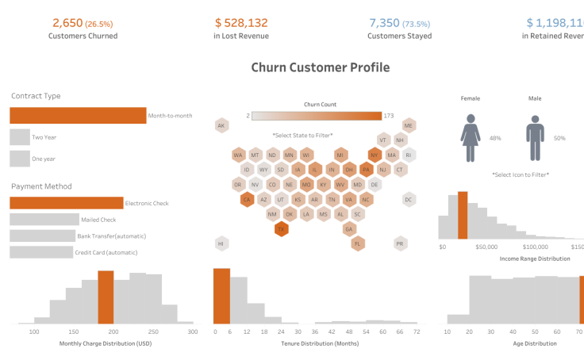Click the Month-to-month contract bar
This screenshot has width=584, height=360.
78,116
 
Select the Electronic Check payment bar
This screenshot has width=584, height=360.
67,203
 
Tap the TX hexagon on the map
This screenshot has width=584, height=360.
281,229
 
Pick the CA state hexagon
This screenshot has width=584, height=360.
247,200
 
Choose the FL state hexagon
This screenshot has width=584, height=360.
358,243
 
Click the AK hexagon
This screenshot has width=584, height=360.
221,126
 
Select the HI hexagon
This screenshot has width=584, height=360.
221,243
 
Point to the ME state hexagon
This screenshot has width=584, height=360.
409,126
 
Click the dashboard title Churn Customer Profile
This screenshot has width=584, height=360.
320,67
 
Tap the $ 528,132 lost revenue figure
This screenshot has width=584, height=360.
241,24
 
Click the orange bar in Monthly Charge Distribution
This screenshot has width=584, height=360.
106,297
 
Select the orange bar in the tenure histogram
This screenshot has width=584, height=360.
221,295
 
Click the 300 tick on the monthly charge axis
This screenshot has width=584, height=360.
192,332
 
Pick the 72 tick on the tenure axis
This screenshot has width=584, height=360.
417,332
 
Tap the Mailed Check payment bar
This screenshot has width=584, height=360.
44,220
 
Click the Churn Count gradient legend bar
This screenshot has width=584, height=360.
317,116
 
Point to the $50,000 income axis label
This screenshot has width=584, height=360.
486,247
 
